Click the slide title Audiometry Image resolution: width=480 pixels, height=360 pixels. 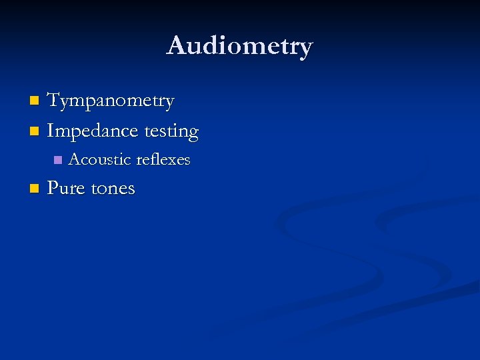pos(239,46)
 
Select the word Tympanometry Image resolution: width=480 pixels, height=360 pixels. pos(111,101)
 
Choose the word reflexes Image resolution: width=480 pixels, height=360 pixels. pos(163,160)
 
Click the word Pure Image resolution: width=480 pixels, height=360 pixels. pos(65,189)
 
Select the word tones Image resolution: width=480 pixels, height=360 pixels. pos(113,189)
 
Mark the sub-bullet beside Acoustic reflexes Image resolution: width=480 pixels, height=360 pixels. pos(57,160)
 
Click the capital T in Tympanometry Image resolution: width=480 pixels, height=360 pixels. pos(54,101)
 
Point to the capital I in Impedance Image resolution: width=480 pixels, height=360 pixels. pos(51,131)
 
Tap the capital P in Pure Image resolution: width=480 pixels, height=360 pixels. pos(53,188)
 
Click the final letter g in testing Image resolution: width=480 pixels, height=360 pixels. pos(193,133)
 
